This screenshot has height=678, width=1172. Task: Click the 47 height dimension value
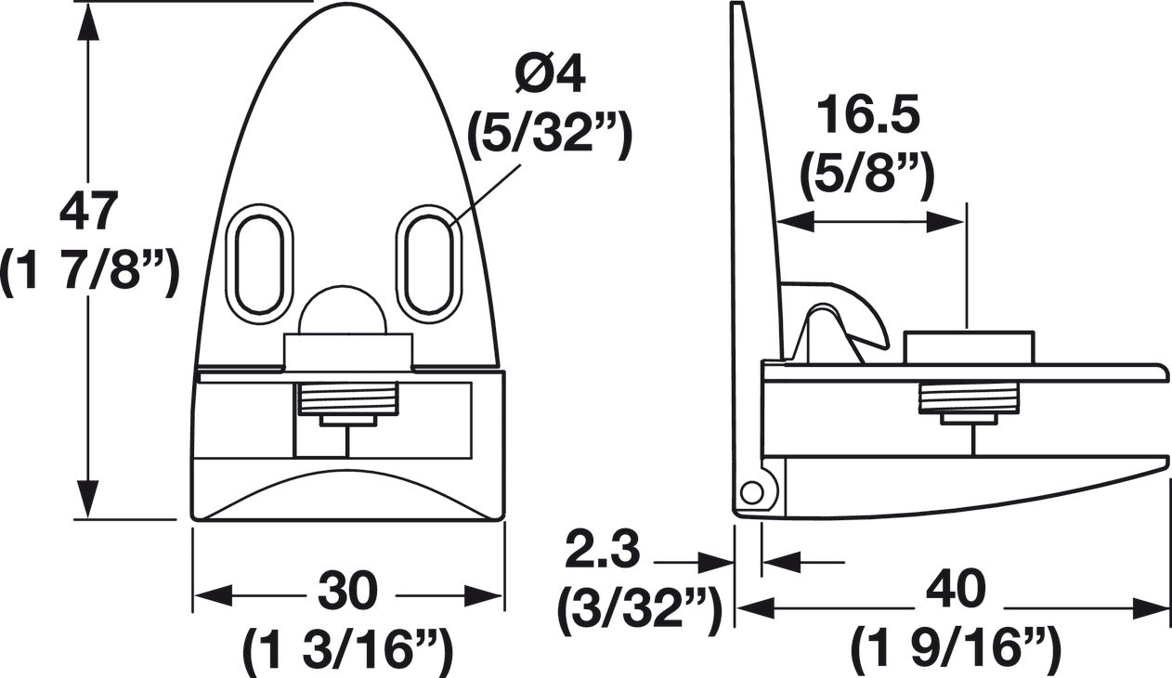(x=88, y=212)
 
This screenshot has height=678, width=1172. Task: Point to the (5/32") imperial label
(x=550, y=136)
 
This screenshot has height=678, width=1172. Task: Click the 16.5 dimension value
(x=867, y=118)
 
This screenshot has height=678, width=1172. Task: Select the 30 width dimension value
(x=348, y=592)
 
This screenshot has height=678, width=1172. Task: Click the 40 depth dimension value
(x=956, y=592)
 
